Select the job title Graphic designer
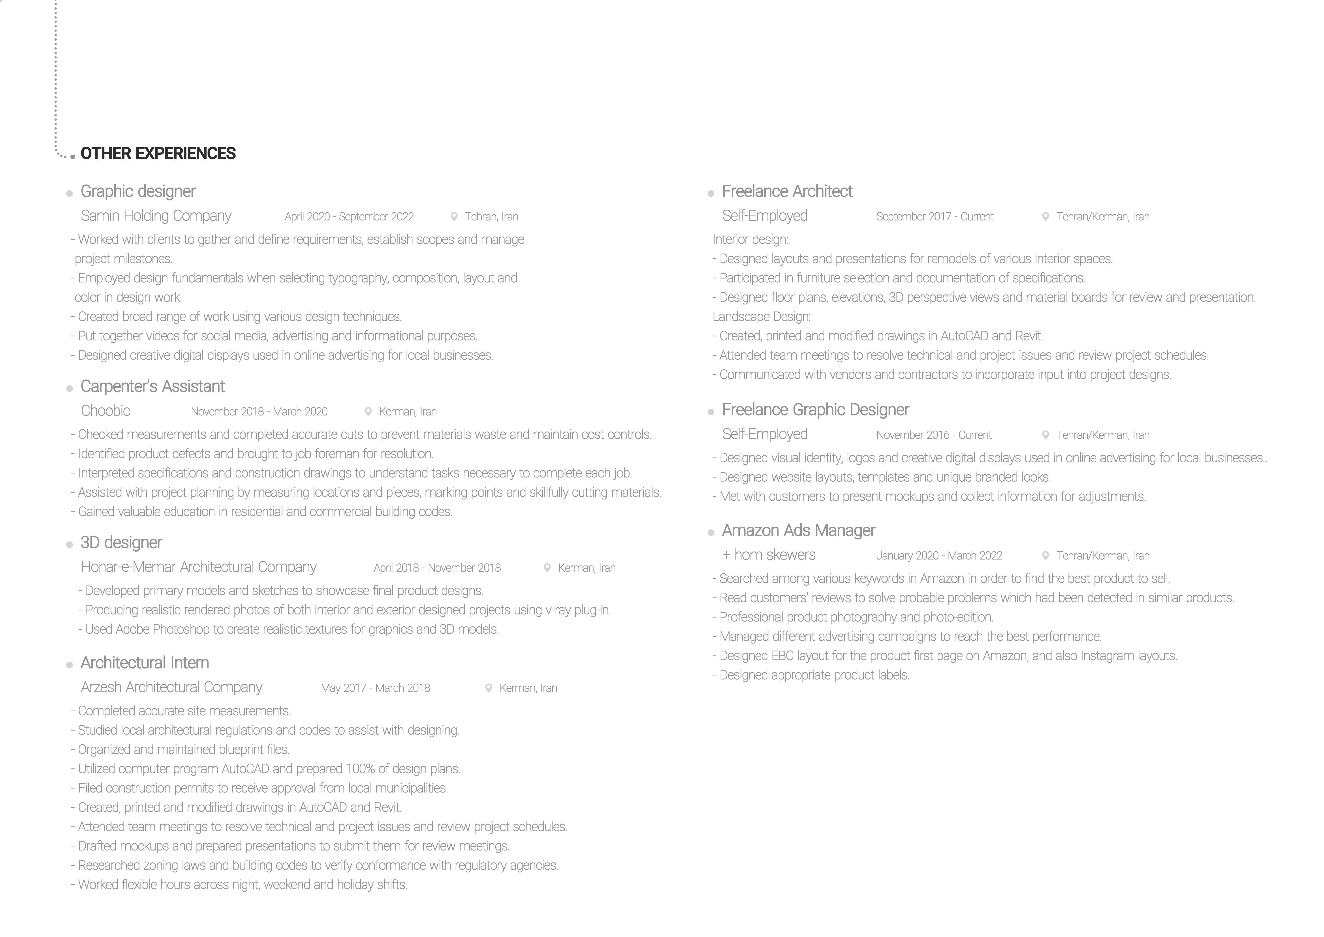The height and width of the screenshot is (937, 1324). click(138, 192)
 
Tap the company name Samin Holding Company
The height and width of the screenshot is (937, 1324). click(156, 216)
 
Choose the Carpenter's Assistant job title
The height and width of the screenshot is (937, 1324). click(152, 387)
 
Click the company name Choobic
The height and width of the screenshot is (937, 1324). click(105, 411)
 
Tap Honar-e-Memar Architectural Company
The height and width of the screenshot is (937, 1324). click(198, 567)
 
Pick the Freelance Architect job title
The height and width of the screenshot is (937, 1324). click(787, 192)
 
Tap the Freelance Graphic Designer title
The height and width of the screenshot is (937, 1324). click(815, 410)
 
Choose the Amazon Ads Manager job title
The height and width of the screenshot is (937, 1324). click(798, 531)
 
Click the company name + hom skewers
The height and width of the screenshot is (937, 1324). click(768, 555)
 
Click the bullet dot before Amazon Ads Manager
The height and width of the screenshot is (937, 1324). click(711, 533)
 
